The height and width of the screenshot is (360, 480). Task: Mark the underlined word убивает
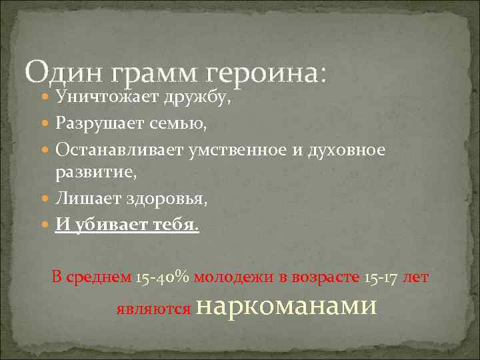[107, 224]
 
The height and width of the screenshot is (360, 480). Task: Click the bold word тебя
[176, 224]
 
